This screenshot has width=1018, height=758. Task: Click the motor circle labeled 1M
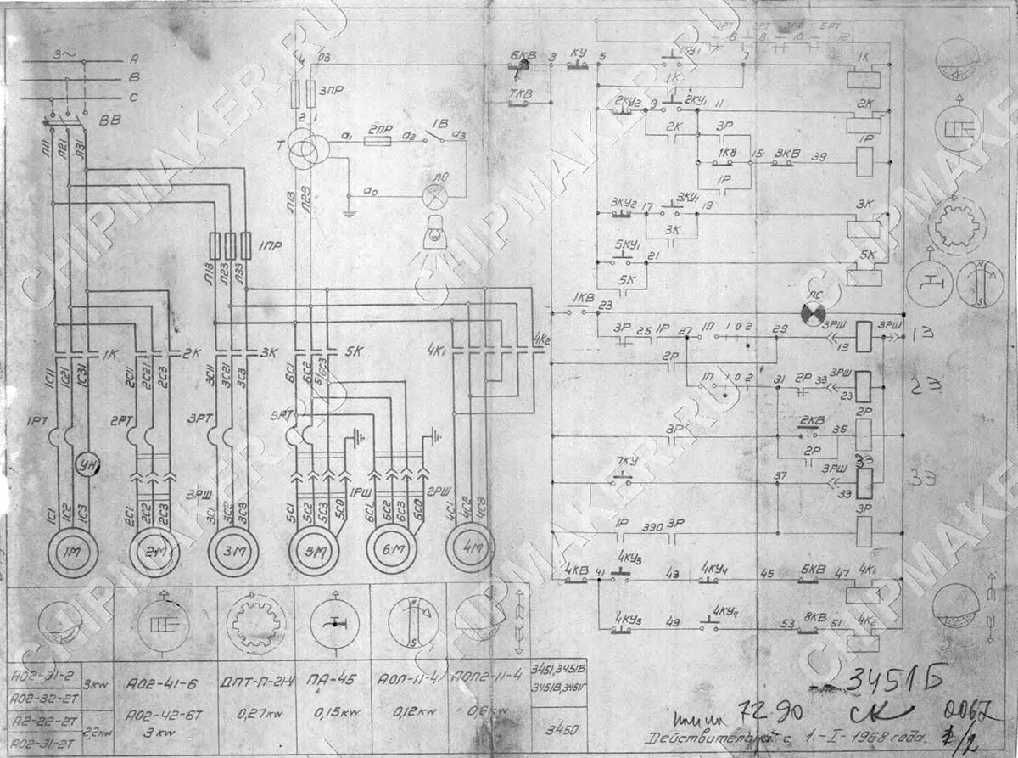(72, 553)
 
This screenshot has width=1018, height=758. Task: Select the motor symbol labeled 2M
(154, 553)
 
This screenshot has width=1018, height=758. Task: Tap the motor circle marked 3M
(234, 552)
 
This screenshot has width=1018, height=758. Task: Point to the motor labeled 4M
(469, 547)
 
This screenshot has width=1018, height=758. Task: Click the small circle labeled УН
(86, 463)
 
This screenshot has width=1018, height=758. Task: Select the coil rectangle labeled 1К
(864, 80)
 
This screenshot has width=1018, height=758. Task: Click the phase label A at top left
(133, 60)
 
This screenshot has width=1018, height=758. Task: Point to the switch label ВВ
(109, 121)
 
